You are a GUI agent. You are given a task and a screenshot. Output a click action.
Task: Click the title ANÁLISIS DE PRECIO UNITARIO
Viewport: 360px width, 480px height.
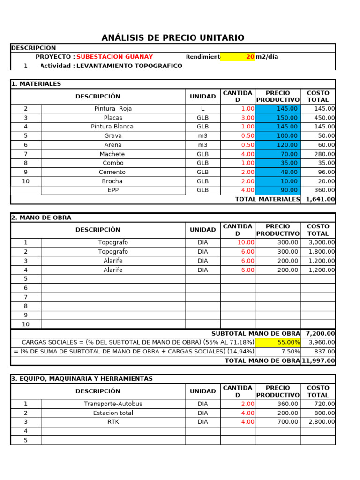[x=173, y=38]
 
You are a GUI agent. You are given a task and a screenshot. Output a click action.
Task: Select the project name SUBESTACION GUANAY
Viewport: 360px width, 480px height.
[x=114, y=57]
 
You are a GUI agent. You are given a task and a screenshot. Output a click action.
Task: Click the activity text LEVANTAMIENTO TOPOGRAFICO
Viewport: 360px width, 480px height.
[x=129, y=66]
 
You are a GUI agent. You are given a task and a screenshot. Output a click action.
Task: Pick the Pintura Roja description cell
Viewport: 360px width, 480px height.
[x=112, y=108]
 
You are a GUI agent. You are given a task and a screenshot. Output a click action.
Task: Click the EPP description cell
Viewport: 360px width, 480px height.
[x=112, y=190]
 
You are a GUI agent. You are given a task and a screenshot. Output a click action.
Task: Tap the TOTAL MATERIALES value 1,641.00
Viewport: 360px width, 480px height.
[x=320, y=199]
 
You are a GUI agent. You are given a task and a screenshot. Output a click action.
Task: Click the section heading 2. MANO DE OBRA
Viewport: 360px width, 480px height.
[x=41, y=217]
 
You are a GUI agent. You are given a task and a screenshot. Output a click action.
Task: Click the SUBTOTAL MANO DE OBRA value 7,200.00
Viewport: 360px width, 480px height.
[x=320, y=333]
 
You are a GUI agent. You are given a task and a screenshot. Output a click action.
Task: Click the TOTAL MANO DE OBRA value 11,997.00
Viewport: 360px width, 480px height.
[x=318, y=360]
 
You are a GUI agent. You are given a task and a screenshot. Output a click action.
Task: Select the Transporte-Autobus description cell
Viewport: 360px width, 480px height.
[x=112, y=404]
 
